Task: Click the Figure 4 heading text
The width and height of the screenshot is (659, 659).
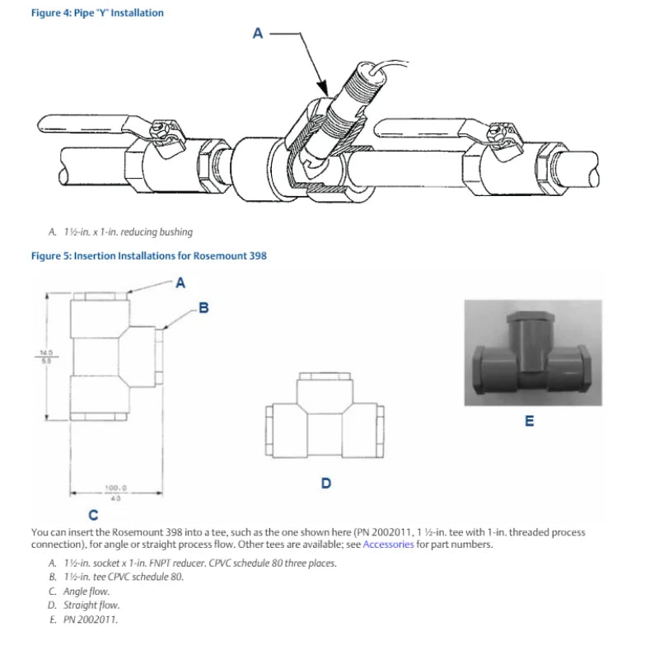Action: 97,13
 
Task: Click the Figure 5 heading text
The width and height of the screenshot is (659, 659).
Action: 148,255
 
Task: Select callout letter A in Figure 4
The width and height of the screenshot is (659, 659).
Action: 257,34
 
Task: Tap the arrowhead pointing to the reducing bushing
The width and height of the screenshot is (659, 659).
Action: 323,89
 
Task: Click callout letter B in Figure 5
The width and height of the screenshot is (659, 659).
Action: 203,308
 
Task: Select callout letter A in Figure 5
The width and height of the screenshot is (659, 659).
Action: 180,283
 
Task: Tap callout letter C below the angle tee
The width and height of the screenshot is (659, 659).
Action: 93,516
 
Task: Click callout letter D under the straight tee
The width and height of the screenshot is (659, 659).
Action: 325,483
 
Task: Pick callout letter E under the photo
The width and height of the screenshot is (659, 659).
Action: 529,421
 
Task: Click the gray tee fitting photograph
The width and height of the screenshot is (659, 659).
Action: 529,353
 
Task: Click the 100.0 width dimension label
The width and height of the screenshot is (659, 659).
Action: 115,487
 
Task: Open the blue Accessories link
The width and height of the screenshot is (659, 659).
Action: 388,544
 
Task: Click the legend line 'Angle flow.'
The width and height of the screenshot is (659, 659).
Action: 86,591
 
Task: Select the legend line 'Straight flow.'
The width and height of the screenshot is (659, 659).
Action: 91,605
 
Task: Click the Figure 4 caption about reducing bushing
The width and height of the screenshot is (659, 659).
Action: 128,231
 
